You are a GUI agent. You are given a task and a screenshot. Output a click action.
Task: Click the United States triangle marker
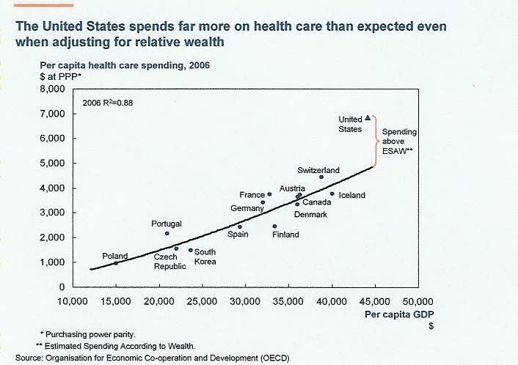(368, 117)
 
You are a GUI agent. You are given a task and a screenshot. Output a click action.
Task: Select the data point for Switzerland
(321, 177)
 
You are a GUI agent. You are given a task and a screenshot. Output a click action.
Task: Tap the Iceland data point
(332, 194)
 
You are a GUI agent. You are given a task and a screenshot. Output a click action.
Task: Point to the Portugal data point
(167, 234)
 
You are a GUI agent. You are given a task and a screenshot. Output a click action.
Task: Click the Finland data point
(274, 226)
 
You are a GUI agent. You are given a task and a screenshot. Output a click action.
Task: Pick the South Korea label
(205, 257)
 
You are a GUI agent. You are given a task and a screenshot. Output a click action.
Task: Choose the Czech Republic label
(169, 262)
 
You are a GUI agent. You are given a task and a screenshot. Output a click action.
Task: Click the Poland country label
(114, 257)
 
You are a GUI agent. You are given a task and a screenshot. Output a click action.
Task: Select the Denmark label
(310, 215)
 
